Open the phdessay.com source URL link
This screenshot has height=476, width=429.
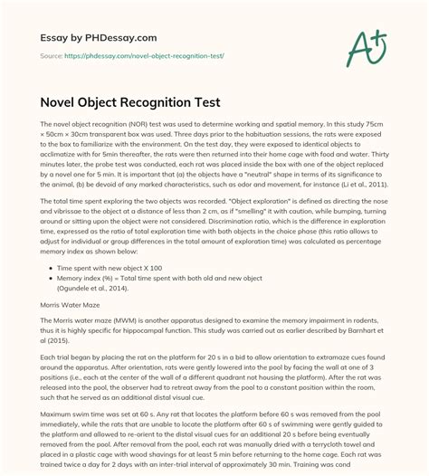138,56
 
